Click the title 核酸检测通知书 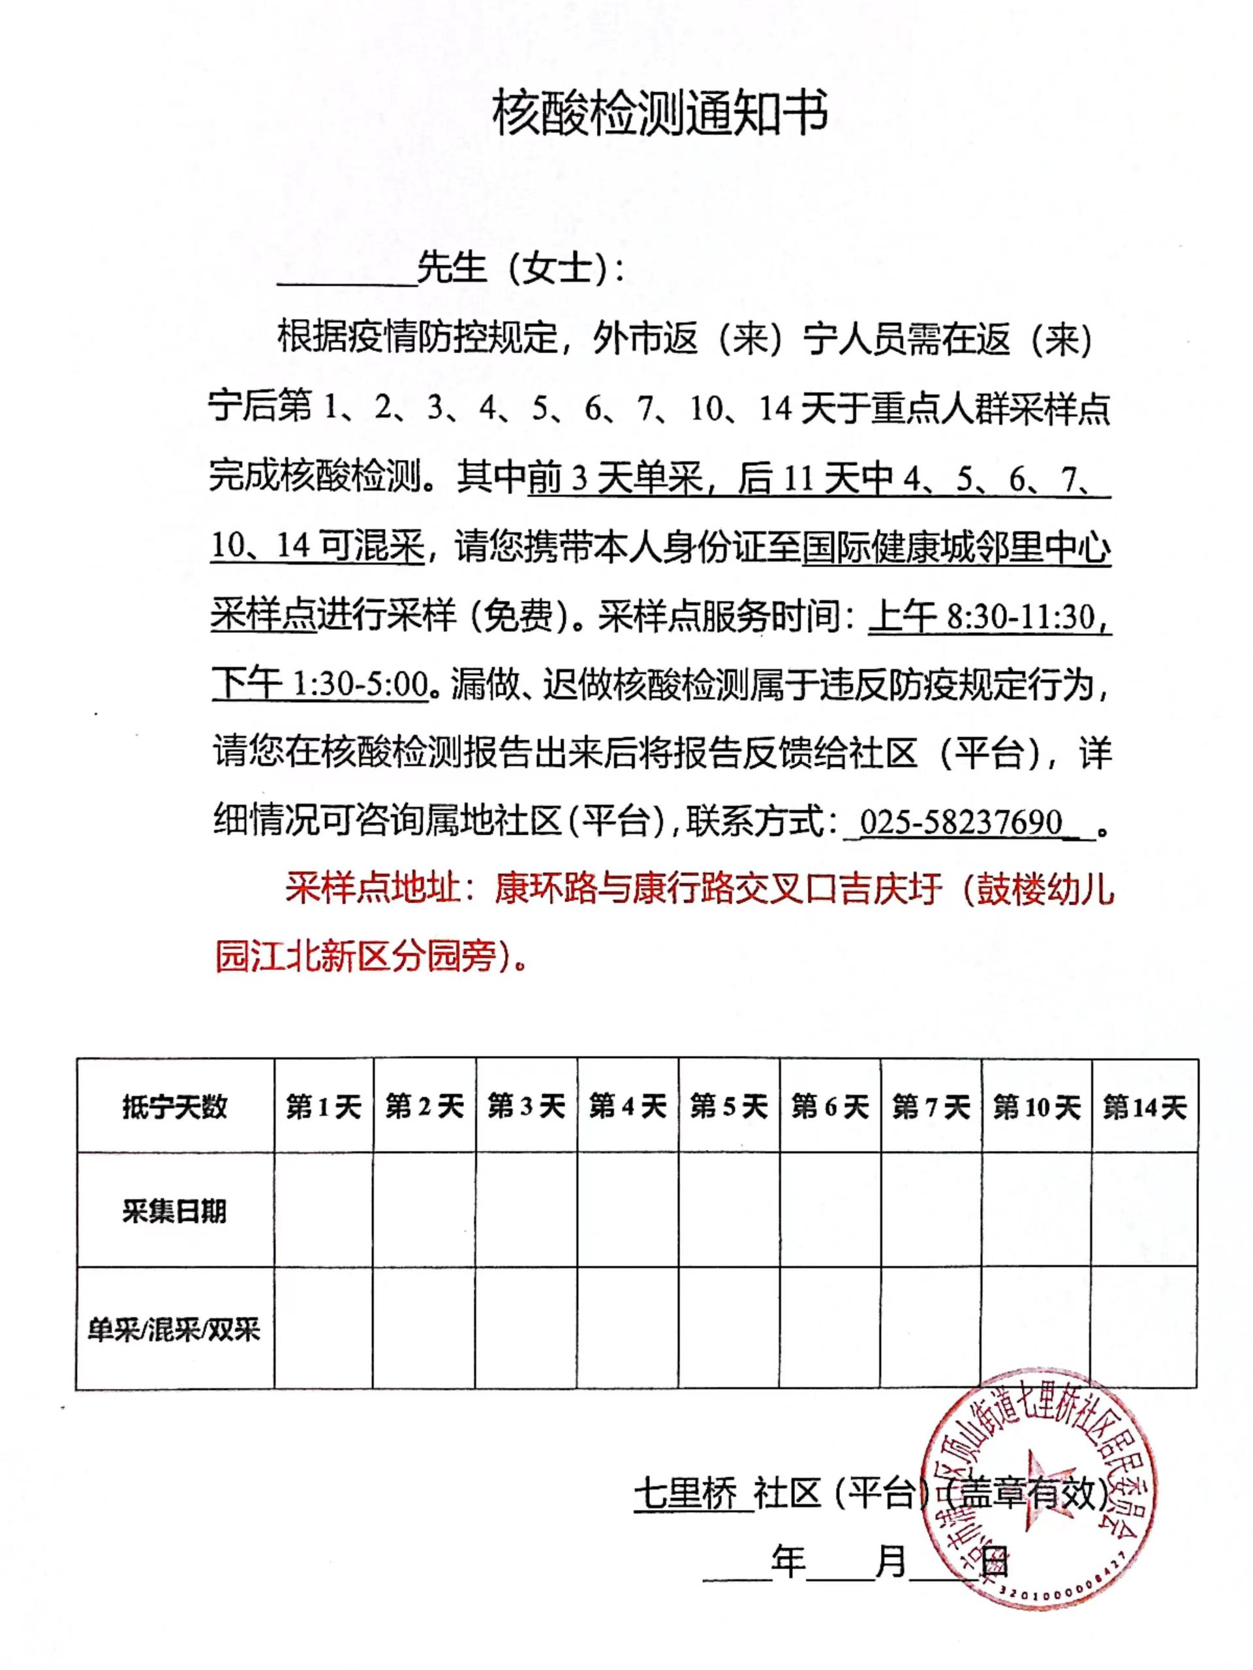pyautogui.click(x=658, y=114)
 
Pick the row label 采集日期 pyautogui.click(x=174, y=1212)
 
